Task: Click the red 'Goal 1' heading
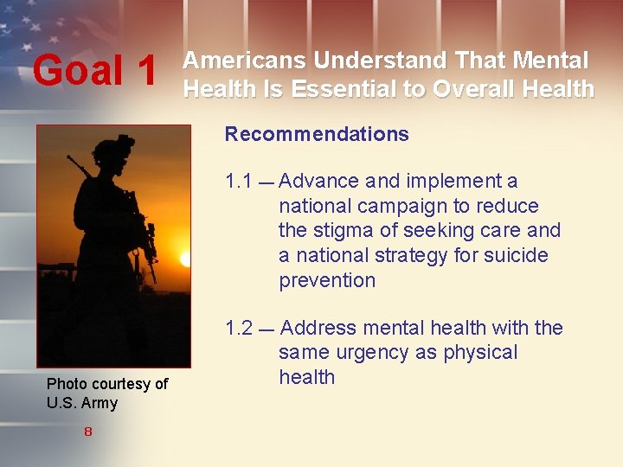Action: [x=95, y=72]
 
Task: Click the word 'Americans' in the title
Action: [x=244, y=61]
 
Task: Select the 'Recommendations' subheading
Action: [x=317, y=134]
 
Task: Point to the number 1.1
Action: [x=238, y=182]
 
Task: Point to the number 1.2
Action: [x=238, y=329]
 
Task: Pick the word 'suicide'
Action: [x=517, y=256]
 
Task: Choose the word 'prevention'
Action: [x=327, y=281]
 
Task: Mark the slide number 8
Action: [x=88, y=432]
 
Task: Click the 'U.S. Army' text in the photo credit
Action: [x=82, y=403]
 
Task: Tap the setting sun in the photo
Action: [x=186, y=259]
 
